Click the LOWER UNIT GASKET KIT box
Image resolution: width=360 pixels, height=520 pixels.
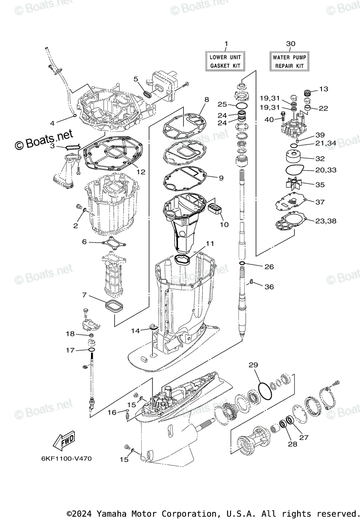[x=225, y=61]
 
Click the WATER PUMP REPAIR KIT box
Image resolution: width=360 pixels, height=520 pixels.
[x=289, y=61]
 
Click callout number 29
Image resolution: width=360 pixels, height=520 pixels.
[x=253, y=365]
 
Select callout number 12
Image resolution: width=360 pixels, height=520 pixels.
[x=141, y=172]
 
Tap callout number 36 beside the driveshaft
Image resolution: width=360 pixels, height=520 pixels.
[x=269, y=286]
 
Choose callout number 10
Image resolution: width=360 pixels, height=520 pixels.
[x=224, y=224]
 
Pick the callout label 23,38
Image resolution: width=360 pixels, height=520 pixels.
[x=326, y=221]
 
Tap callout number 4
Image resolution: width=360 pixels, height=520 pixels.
[x=52, y=123]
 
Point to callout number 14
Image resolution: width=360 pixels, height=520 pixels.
[x=136, y=331]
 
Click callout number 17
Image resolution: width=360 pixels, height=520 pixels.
[x=70, y=350]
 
